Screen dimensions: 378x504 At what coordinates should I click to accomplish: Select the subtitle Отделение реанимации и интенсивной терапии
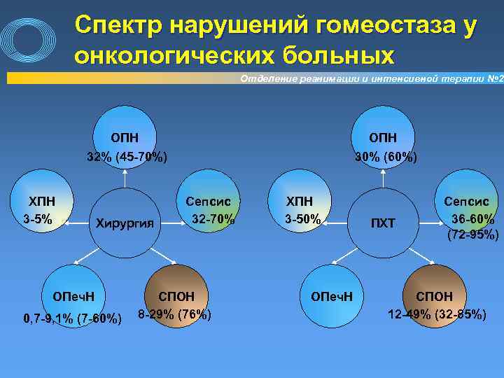[x=364, y=78]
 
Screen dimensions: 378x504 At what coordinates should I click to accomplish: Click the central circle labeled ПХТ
[x=383, y=223]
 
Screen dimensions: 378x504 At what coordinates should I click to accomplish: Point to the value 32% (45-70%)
[x=126, y=156]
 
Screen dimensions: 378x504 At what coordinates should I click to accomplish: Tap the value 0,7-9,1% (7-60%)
[x=73, y=319]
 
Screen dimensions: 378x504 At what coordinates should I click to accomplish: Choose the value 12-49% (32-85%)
[x=437, y=314]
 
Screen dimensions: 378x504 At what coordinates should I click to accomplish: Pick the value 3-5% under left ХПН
[x=38, y=219]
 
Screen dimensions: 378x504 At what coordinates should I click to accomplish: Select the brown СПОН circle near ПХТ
[x=434, y=286]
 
